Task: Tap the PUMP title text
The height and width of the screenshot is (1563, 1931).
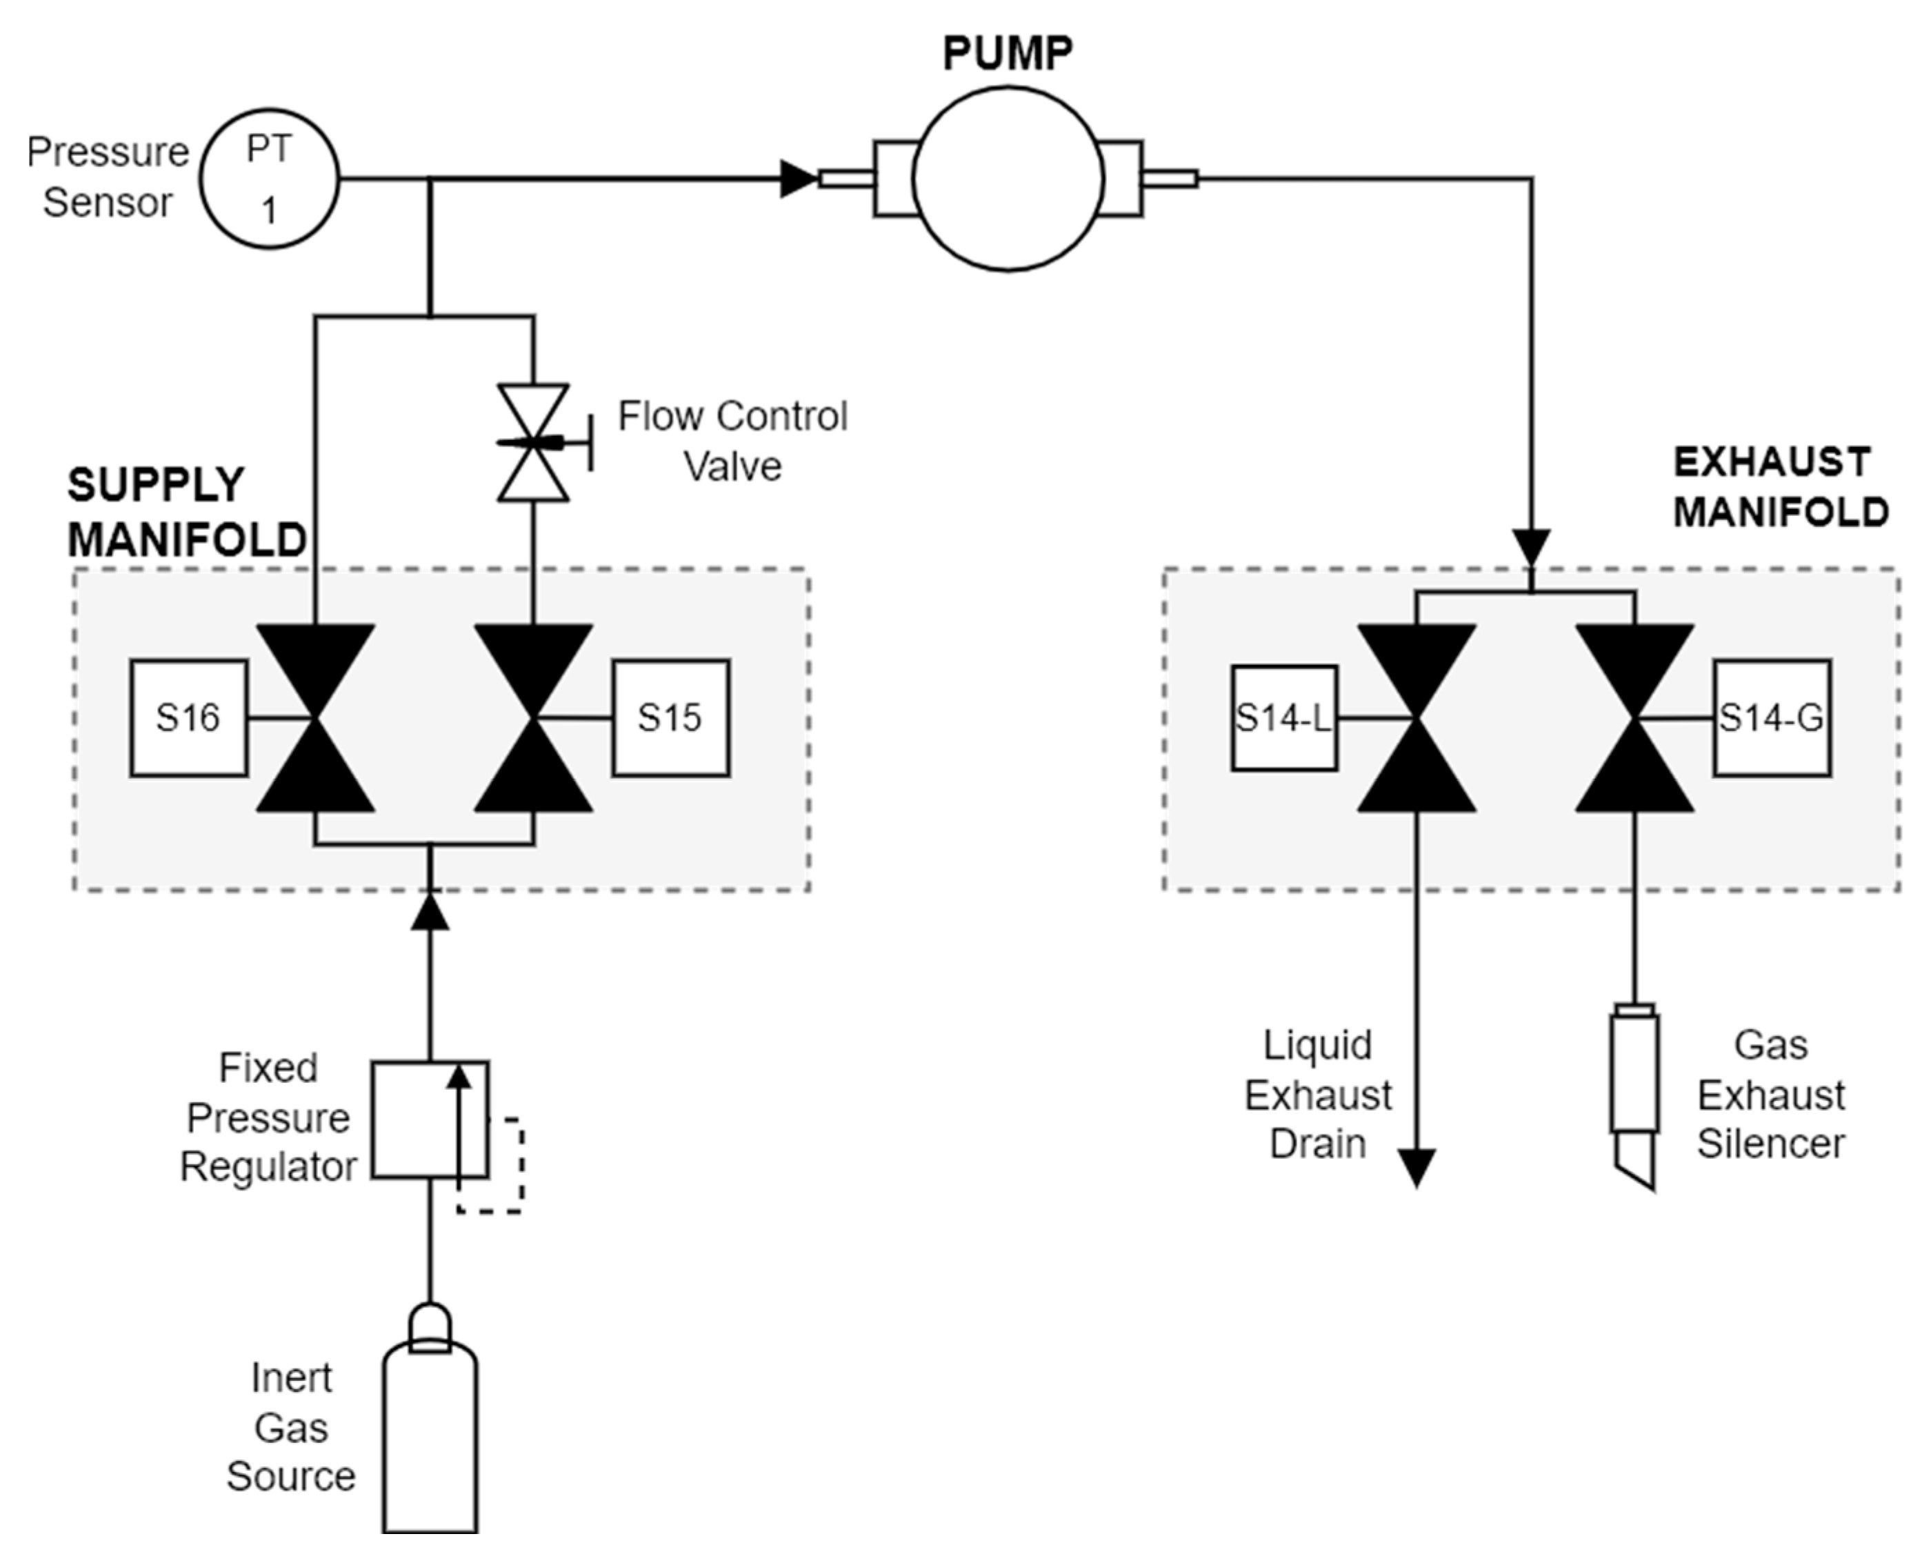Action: (1008, 53)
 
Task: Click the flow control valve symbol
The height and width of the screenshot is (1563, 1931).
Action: (533, 442)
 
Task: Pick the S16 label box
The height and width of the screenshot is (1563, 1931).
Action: (188, 717)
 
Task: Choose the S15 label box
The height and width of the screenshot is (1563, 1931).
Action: (670, 717)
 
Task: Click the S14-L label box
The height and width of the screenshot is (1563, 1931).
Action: (1283, 717)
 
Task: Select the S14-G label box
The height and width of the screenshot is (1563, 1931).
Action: (1772, 717)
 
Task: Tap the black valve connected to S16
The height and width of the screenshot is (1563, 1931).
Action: (315, 717)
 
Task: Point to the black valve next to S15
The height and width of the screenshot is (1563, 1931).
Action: (533, 717)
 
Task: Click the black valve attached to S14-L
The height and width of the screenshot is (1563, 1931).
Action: (1416, 717)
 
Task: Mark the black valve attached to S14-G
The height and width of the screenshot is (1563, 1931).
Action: (1634, 717)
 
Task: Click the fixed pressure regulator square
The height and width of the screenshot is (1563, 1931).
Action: (430, 1119)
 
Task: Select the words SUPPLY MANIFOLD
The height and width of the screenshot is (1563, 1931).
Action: (186, 512)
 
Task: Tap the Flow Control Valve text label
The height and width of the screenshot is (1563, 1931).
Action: (732, 441)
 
